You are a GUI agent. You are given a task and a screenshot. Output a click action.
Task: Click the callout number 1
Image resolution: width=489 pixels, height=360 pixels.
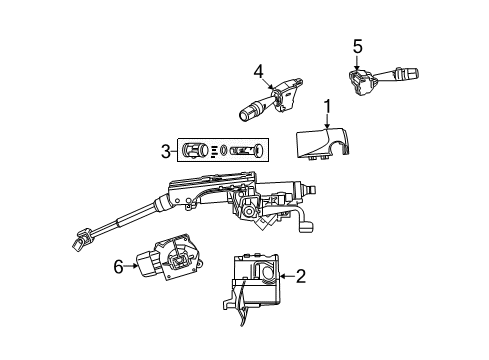(326, 106)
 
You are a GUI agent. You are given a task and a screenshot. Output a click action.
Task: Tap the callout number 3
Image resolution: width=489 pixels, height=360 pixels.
(165, 152)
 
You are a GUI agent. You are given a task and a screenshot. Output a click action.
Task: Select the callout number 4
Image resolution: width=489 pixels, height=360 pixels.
(257, 71)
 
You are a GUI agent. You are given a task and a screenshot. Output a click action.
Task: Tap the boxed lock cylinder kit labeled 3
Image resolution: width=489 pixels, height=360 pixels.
(223, 152)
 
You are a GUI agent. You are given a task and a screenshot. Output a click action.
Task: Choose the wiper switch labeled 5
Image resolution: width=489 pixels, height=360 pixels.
(380, 77)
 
